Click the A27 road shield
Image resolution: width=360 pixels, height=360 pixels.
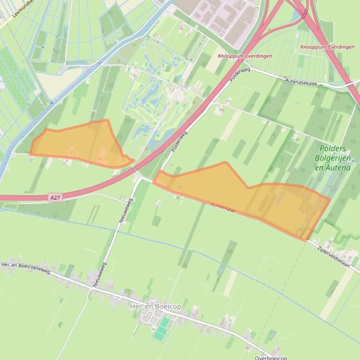(55, 198)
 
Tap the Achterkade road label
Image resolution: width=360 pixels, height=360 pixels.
(223, 208)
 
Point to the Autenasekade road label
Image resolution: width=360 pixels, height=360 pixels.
(301, 83)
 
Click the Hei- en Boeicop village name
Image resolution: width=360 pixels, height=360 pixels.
(156, 306)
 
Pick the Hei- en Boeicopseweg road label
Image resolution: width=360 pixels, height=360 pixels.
(26, 268)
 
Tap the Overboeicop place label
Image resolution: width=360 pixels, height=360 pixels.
(271, 358)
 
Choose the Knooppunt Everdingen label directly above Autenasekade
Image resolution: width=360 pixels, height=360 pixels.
(327, 47)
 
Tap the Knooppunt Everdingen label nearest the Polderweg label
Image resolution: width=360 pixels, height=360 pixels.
(245, 56)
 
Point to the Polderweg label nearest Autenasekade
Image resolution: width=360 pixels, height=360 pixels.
(240, 75)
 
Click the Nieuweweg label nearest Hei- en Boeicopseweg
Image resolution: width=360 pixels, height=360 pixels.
(100, 274)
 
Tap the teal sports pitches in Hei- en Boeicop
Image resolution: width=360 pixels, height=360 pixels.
(161, 329)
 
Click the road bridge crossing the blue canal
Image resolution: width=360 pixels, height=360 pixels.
(100, 63)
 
